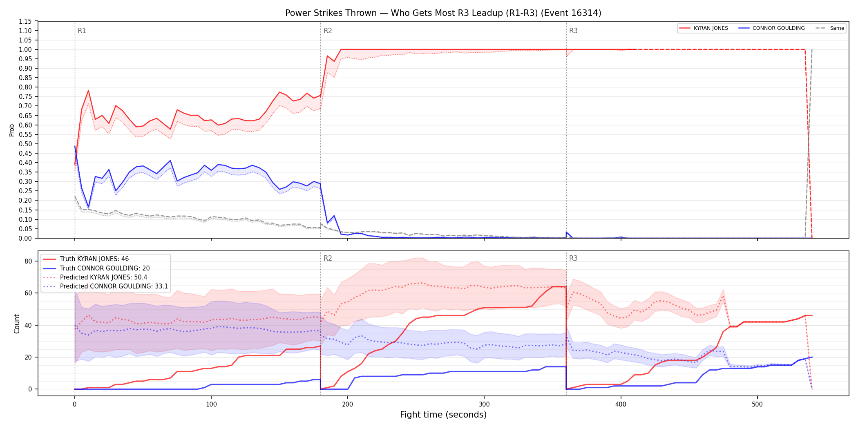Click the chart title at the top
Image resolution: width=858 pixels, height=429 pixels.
(x=443, y=13)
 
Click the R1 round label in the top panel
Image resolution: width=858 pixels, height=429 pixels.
(x=82, y=31)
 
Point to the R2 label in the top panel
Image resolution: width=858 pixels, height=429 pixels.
(x=328, y=31)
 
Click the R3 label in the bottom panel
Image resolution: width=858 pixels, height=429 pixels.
(x=573, y=258)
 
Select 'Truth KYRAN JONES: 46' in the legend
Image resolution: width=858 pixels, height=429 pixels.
(x=94, y=259)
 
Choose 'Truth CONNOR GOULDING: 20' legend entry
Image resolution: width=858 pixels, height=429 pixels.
(x=105, y=268)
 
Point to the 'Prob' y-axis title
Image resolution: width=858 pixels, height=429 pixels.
(x=12, y=130)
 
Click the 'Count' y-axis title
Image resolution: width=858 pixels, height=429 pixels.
(x=17, y=324)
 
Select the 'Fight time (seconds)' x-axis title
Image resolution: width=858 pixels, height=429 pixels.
(x=443, y=415)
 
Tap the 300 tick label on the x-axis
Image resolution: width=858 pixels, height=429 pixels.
(x=484, y=404)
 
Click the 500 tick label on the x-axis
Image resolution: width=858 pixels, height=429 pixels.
(x=757, y=404)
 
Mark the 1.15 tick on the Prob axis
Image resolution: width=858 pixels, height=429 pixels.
(x=25, y=21)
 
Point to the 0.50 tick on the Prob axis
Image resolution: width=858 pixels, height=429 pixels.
(x=25, y=144)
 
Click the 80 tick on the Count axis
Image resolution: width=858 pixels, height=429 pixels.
(x=28, y=261)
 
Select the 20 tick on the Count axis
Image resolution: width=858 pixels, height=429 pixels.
(x=28, y=357)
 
